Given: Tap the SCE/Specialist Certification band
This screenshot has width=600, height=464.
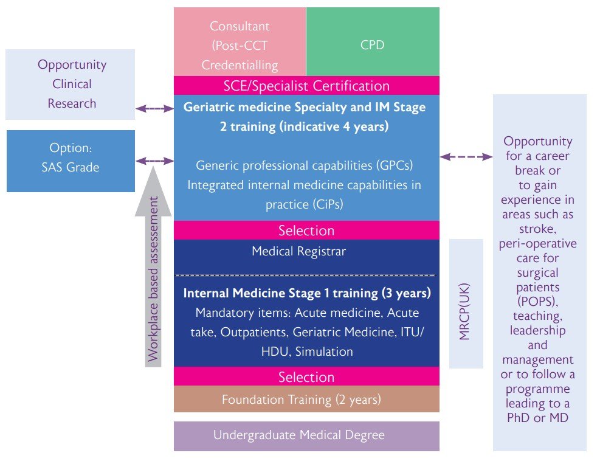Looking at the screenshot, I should [x=306, y=86].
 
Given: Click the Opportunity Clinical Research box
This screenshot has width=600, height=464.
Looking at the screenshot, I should [x=71, y=84].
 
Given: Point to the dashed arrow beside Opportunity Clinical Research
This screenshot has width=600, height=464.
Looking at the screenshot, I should [x=154, y=108].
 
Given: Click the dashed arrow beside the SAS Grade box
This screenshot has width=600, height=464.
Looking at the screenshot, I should [x=154, y=161].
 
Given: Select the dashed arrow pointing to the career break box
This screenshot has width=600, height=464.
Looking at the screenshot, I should [x=466, y=156].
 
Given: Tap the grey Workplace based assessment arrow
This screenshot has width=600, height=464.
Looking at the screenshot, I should [x=154, y=268].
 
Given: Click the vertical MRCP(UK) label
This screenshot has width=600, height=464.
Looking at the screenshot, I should [x=466, y=303].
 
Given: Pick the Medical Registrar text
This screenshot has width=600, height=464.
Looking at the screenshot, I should [x=306, y=251].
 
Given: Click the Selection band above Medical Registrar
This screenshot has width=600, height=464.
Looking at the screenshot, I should [x=306, y=230].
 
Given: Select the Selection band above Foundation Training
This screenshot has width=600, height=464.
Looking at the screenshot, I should [x=306, y=377].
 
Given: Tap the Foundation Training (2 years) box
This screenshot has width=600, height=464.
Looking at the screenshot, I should [x=306, y=400].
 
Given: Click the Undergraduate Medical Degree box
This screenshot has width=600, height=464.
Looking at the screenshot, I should [x=306, y=436].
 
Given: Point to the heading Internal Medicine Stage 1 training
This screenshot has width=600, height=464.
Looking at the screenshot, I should [x=307, y=293].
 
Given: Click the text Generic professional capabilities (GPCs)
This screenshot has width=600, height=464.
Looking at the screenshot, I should [x=306, y=165].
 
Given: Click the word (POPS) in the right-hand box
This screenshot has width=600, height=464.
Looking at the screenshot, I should [x=538, y=302].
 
